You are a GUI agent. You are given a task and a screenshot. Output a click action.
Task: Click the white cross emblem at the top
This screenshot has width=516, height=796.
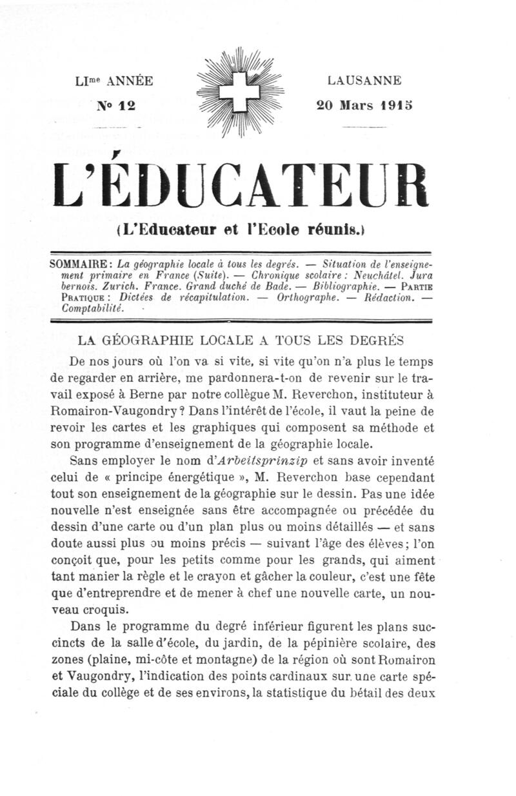tap(243, 93)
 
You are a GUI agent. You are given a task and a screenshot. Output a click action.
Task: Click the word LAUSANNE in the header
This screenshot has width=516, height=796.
tap(364, 81)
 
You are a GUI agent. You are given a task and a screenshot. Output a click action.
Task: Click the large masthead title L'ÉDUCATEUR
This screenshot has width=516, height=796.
tap(241, 185)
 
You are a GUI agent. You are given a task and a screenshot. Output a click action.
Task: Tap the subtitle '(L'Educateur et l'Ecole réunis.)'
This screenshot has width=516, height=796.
tap(241, 228)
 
